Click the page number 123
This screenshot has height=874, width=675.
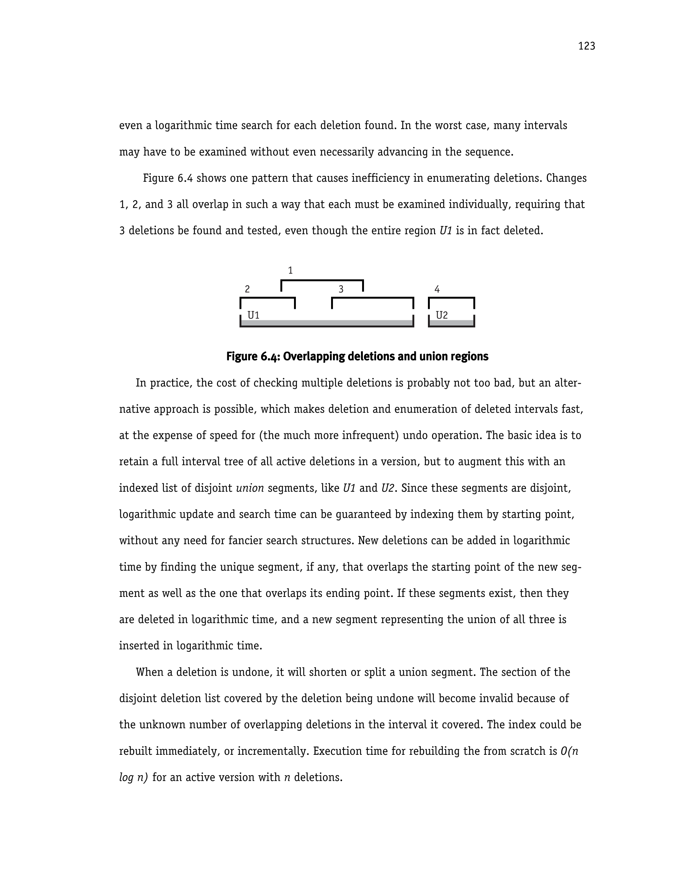(586, 47)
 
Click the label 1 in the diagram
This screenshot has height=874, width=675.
(290, 271)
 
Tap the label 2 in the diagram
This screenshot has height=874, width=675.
(247, 289)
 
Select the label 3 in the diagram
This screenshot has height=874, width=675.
(341, 289)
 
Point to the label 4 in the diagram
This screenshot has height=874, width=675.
(437, 289)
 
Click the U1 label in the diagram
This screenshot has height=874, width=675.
(253, 315)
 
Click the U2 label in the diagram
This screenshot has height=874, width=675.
(442, 315)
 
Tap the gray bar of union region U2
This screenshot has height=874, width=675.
(451, 323)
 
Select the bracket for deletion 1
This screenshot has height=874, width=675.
(322, 280)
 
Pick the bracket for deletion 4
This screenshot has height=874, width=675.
(451, 298)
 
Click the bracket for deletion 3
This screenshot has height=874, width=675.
(373, 298)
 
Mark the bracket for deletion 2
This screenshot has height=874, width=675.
(267, 298)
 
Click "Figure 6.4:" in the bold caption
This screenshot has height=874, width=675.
(252, 357)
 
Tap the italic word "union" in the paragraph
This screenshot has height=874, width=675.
(250, 488)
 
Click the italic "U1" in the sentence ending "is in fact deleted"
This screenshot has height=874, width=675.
(446, 231)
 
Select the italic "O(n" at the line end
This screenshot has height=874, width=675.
(569, 751)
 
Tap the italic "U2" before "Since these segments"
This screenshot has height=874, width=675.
(387, 488)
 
